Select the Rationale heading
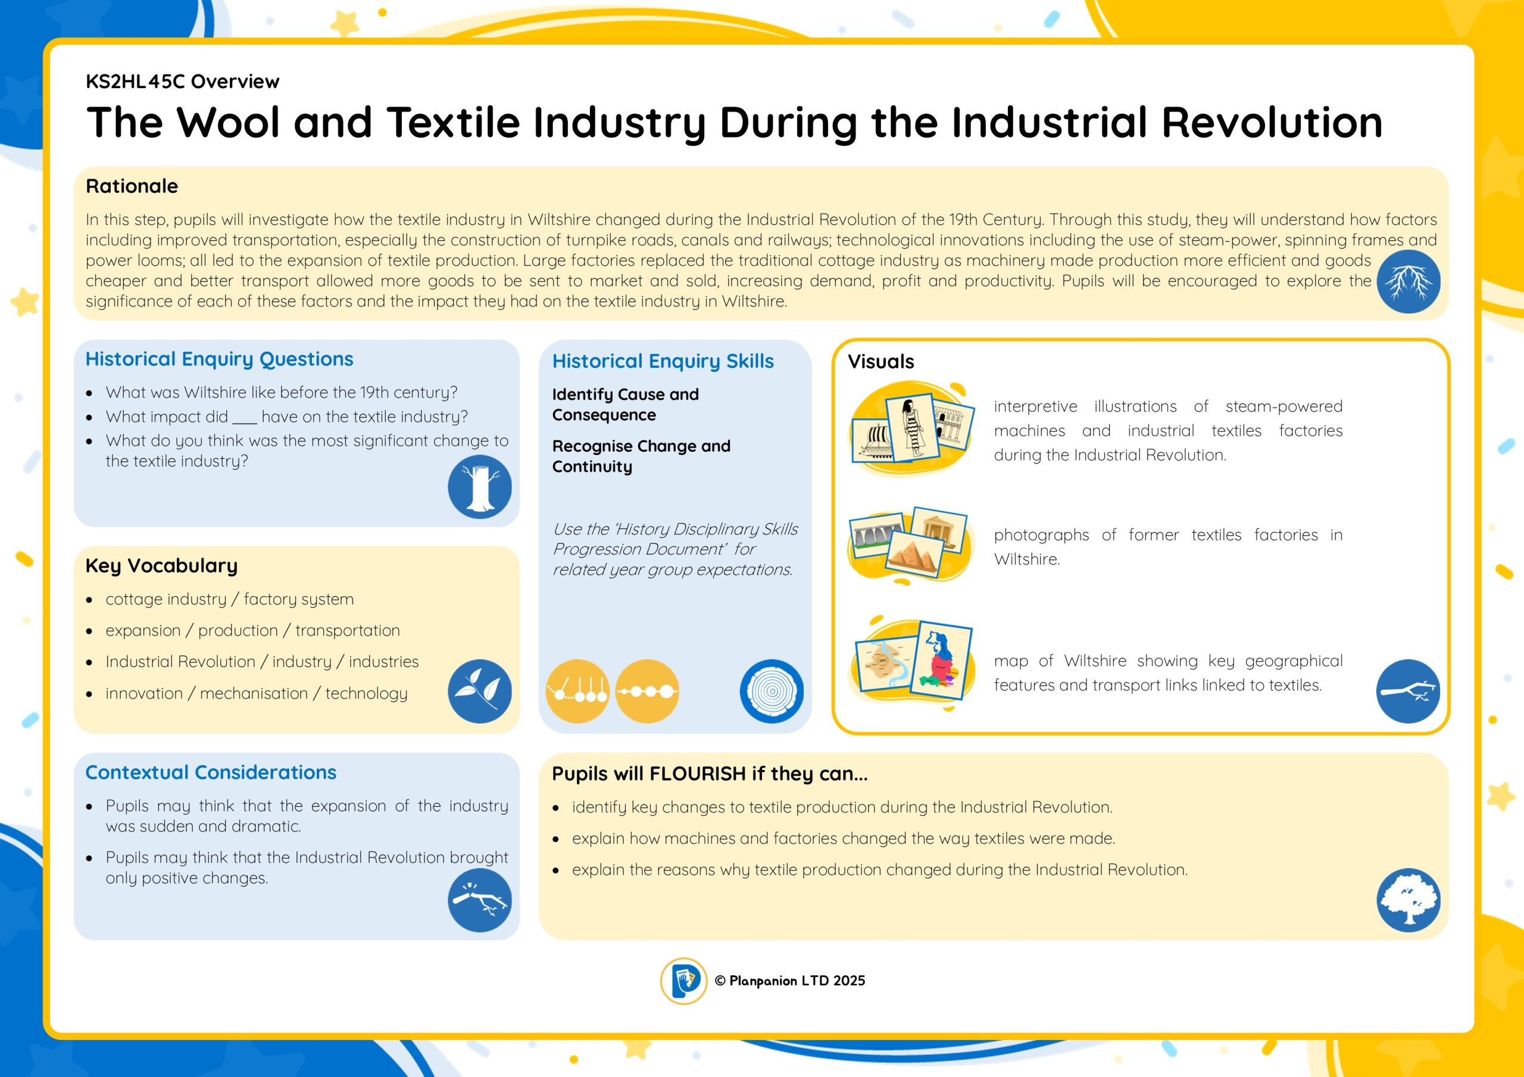132,186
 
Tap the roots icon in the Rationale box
1409,281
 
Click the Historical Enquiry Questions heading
219,359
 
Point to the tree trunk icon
479,486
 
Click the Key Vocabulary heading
161,565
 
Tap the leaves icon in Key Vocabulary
479,691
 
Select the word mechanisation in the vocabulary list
254,693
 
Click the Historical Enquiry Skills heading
663,361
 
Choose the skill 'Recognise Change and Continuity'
641,456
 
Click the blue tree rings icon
772,691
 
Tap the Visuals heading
881,362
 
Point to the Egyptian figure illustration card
913,427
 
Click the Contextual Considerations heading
210,772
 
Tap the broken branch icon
479,900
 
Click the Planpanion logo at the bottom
683,981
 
